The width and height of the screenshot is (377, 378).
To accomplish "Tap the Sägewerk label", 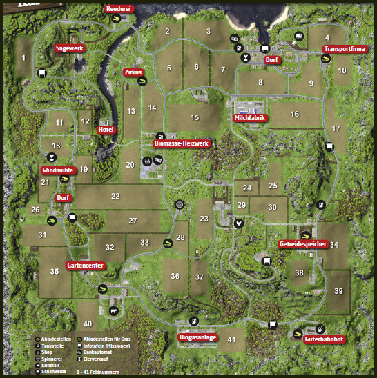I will coord(69,48).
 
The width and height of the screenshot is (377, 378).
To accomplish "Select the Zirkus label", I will coord(133,72).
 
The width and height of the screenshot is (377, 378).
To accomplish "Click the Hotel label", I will coord(106,130).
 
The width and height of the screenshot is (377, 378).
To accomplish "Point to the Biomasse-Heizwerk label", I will coord(181,143).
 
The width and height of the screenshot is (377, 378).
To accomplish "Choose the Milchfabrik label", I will coord(250,118).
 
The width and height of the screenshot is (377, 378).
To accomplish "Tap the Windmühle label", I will coord(56,170).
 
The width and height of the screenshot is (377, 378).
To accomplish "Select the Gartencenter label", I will coord(85,266).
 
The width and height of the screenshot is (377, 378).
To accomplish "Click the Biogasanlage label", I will coord(198,337).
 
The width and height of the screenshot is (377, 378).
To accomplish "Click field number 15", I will coord(195,118).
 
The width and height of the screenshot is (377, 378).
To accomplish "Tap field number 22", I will coord(115,196).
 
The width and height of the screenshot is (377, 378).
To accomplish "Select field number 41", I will coord(231,339).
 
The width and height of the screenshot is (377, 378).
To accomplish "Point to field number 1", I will coord(23,58).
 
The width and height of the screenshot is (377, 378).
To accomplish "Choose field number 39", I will coord(338,291).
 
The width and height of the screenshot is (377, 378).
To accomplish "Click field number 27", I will coord(134,221).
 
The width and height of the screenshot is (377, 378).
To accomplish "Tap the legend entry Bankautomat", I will coord(97,352).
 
